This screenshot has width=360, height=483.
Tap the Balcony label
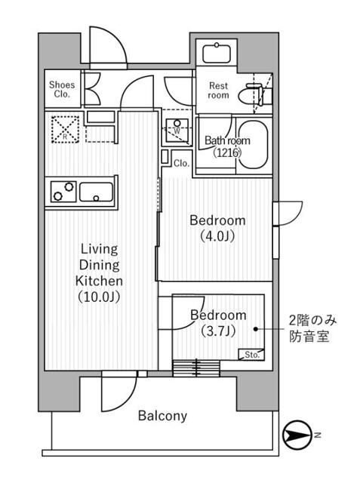pos(162,416)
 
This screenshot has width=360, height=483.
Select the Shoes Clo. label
pos(62,90)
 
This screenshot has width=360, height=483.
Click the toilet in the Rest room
pos(250,95)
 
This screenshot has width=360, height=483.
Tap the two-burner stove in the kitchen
pos(62,192)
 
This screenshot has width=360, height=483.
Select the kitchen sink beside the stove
pos(97,192)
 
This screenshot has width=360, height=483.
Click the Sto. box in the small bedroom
pos(251,354)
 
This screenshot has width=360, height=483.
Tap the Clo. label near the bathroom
pos(181,162)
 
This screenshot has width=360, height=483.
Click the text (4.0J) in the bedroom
pos(217,236)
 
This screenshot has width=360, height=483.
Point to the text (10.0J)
pos(99,297)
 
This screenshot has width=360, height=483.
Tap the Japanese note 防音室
pos(308,337)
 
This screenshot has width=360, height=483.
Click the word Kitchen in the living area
pos(99,280)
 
